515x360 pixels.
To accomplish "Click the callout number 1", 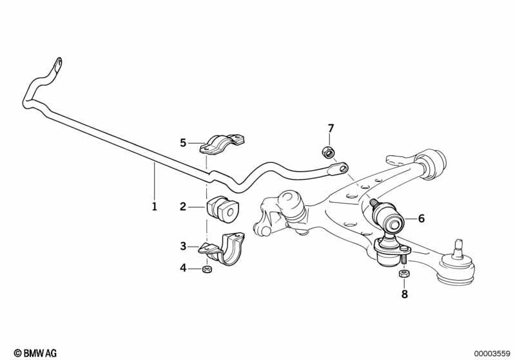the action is [x=154, y=207].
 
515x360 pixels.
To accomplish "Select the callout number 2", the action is [x=183, y=207].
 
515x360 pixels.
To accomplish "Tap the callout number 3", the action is [x=183, y=246].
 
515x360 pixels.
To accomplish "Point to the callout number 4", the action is [x=183, y=268].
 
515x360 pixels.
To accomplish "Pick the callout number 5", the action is [x=183, y=143].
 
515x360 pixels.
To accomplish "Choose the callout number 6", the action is [x=422, y=218].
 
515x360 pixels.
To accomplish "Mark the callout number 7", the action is [x=331, y=128].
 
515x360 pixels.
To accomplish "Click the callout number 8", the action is [x=404, y=294].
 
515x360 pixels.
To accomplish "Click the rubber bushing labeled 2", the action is [x=223, y=209].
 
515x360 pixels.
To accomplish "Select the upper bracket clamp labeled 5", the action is [x=222, y=144].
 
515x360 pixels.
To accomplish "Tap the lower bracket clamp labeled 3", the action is [x=222, y=249].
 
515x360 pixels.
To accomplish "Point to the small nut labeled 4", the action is [x=207, y=269].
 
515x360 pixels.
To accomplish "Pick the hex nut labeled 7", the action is [x=327, y=152].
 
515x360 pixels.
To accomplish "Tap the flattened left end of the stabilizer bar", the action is [x=57, y=66].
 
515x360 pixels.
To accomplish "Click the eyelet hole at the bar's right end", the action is [x=343, y=168].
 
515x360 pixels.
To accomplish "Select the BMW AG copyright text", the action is [x=35, y=353].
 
